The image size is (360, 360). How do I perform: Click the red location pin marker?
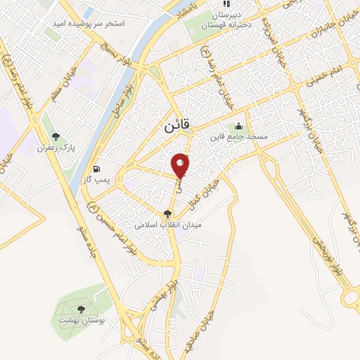(181, 165)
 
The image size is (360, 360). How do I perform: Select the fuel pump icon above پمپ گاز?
(97, 169)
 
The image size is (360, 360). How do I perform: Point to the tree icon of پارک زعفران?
(56, 136)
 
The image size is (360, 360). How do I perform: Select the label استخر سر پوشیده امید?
(89, 23)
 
